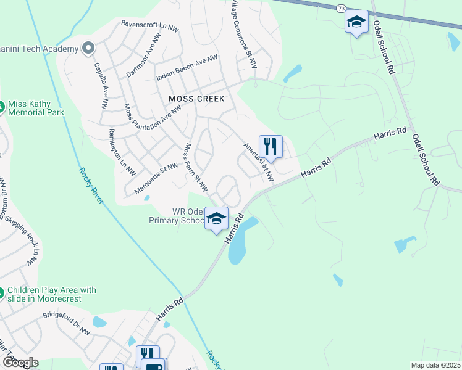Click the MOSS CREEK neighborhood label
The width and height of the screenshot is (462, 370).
point(197,99)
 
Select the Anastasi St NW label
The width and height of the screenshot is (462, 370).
point(259,162)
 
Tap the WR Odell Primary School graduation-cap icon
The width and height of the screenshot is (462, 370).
point(217,218)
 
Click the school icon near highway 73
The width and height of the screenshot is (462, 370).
point(356,22)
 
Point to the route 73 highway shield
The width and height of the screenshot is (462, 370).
point(342,8)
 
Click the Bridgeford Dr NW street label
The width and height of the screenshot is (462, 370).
point(67,324)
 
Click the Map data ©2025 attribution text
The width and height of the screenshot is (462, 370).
point(435,365)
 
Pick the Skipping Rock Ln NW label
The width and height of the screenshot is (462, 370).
point(25,235)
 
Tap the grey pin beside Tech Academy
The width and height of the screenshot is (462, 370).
point(88,48)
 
